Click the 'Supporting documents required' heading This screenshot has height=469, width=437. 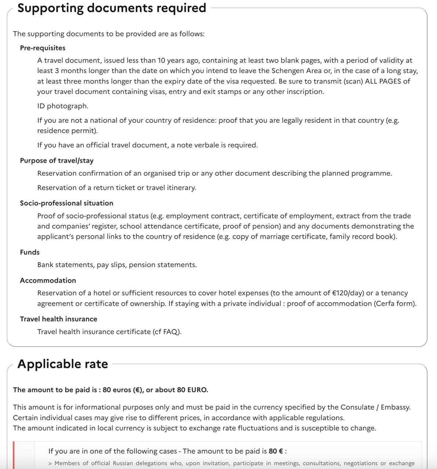[x=112, y=8]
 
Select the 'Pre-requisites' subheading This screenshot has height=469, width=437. [x=43, y=48]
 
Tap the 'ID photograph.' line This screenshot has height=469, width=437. [x=63, y=106]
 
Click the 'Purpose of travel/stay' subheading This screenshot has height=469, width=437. [x=57, y=160]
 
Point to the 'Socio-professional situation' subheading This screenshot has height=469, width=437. [x=66, y=203]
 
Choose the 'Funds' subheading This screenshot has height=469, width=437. [x=30, y=252]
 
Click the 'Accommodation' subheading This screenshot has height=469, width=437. [x=48, y=280]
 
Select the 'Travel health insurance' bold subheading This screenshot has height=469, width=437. [x=58, y=319]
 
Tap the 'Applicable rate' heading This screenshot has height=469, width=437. [x=63, y=364]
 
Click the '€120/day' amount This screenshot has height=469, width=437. [x=348, y=293]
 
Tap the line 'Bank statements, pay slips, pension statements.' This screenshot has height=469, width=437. [x=117, y=265]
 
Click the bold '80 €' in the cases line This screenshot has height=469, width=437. [x=276, y=451]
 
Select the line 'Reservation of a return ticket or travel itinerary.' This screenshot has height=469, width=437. [x=117, y=188]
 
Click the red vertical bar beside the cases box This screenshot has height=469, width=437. [x=14, y=455]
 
